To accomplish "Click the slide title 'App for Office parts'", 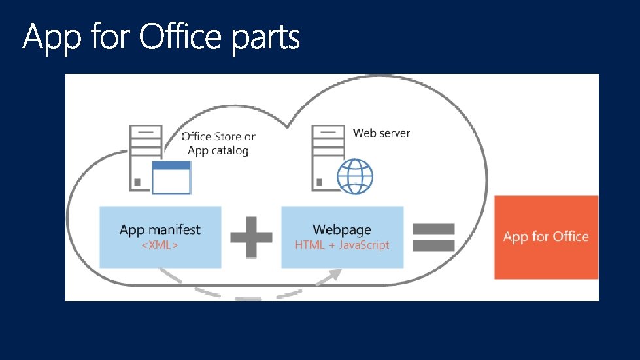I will [161, 39].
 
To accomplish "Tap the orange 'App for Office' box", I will [546, 237].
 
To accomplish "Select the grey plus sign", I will [251, 237].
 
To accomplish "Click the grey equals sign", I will [433, 237].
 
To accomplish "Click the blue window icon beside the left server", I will [171, 178].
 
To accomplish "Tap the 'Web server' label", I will [381, 133].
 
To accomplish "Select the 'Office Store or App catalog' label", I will [218, 144].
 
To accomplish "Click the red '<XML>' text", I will [160, 246].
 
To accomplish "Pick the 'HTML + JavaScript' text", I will [342, 246].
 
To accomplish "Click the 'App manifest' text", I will [160, 230].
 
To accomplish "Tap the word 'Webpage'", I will [342, 230].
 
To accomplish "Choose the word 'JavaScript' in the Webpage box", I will [364, 246].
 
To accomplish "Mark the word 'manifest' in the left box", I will [175, 230].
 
